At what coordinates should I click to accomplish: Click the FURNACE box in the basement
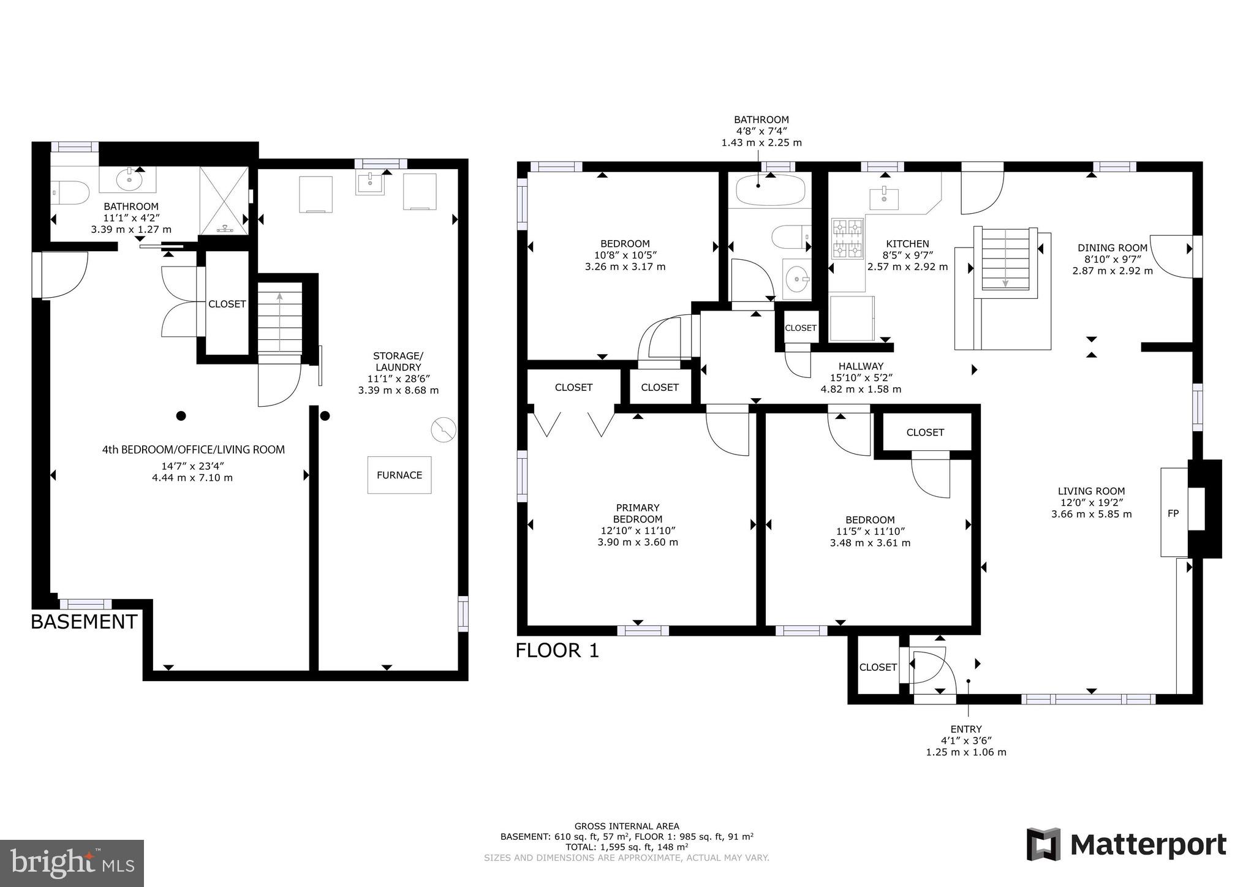pos(399,475)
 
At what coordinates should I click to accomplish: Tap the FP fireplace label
pos(1173,513)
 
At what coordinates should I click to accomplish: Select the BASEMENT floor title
pos(84,622)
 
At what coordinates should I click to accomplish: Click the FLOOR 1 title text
pos(557,651)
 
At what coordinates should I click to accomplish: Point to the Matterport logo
pos(1126,845)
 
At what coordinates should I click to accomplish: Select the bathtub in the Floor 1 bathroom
pos(769,190)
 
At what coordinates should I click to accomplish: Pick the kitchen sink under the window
pos(884,198)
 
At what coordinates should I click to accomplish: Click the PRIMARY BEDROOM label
pos(638,513)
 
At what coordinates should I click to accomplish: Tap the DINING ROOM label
pos(1112,247)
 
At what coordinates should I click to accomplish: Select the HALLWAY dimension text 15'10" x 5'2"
pos(861,378)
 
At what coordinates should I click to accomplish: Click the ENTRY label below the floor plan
pos(965,729)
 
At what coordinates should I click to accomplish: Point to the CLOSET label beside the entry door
pos(877,667)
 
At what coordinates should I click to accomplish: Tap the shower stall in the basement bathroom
pos(224,200)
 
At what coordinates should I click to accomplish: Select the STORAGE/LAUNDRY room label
pos(398,361)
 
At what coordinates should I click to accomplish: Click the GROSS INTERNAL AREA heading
pos(626,826)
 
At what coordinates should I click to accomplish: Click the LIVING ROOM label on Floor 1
pos(1091,491)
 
